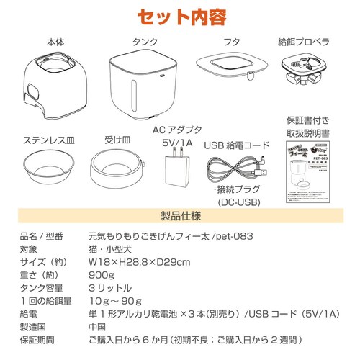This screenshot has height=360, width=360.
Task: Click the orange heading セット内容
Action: click(x=180, y=16)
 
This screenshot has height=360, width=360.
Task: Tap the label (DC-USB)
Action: click(x=238, y=204)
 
